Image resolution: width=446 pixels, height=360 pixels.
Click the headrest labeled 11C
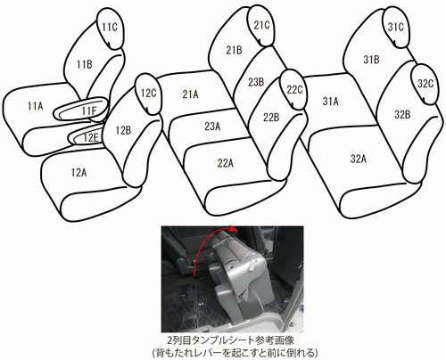click(111, 28)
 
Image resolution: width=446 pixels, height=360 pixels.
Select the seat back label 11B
click(85, 64)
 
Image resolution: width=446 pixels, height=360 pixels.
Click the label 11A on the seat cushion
click(35, 106)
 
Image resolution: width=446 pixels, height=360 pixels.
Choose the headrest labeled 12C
click(148, 94)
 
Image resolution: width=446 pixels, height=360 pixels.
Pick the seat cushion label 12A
click(78, 172)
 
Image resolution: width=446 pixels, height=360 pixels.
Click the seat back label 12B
click(123, 130)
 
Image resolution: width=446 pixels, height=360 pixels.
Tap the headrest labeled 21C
click(261, 26)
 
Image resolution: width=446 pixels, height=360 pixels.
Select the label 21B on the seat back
click(234, 50)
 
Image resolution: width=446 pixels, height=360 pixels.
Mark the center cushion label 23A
click(212, 127)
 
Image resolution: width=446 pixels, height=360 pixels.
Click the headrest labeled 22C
click(294, 89)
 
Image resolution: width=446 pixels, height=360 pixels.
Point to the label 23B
click(256, 82)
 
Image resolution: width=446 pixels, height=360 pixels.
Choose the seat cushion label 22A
click(225, 163)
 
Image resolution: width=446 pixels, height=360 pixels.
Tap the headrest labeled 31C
click(396, 27)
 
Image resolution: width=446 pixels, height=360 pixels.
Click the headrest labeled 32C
click(425, 84)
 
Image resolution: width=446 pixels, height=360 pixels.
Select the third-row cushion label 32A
click(358, 159)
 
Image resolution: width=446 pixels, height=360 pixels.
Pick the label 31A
click(330, 102)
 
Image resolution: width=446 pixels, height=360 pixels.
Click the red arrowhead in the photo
click(234, 229)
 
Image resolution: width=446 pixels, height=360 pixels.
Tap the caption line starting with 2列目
click(231, 340)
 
